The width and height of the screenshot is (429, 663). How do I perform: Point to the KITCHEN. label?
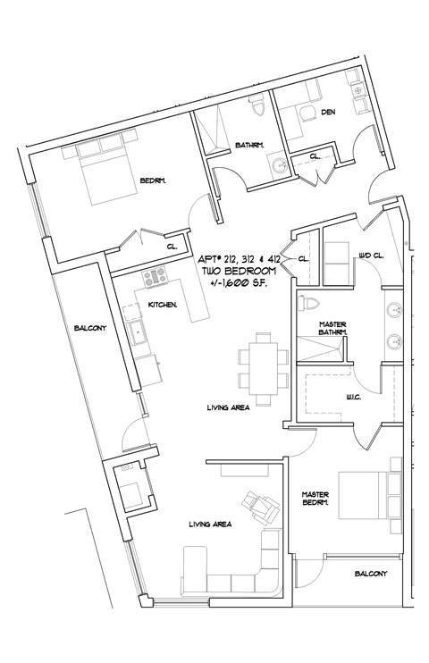162,305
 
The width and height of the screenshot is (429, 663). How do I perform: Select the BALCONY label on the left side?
90,328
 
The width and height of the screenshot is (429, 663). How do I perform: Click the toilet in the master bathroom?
308,302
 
